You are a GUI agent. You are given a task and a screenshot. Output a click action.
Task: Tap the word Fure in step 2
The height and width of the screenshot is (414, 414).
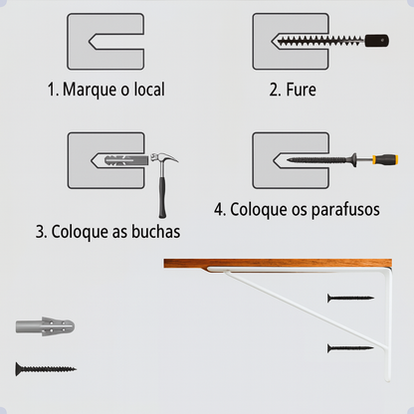pos(300,90)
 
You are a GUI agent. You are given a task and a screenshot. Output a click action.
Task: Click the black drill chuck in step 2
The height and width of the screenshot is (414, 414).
pos(376,42)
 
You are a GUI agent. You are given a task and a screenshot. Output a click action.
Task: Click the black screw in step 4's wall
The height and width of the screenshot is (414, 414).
pos(312,158)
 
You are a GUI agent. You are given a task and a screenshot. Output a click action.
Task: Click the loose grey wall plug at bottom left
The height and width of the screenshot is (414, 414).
pos(46,326)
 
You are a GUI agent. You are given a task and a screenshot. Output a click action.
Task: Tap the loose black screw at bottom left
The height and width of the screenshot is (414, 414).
pos(46,369)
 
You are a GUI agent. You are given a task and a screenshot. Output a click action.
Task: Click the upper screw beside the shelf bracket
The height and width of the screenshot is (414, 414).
pos(349,298)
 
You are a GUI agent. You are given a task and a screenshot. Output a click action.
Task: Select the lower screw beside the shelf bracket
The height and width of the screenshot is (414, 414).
pos(349,347)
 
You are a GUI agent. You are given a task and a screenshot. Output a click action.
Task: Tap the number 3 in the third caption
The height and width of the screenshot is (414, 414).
pos(41,232)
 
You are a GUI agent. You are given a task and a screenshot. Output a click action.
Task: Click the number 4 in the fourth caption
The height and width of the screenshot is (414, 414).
pos(219,210)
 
